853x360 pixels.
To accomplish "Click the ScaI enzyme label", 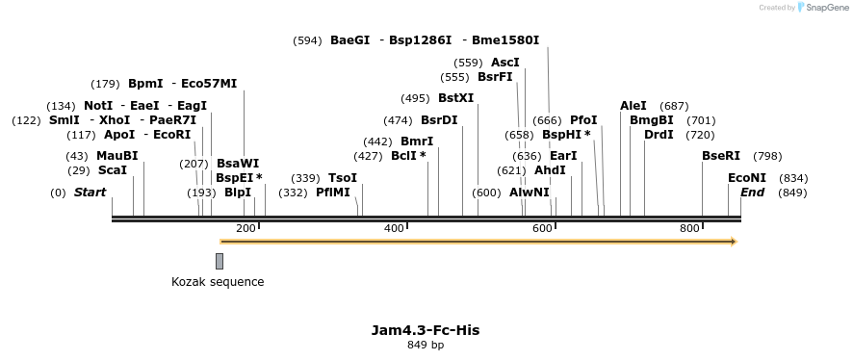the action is point(113,170).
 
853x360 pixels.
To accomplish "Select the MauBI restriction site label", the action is point(116,156).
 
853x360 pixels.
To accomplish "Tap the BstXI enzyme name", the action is point(455,98).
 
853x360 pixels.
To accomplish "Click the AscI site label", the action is point(504,63).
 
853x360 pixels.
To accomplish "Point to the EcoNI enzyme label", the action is point(747,178).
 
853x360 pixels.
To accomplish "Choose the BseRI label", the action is point(721,156).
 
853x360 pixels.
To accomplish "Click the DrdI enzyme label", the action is point(659,135).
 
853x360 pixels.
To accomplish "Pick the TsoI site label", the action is point(343,178).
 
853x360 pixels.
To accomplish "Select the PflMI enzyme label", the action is point(333,193).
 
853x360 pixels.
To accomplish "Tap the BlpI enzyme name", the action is point(238,193).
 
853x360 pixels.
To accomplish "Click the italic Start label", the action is point(90,193).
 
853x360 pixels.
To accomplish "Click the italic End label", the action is point(752,193).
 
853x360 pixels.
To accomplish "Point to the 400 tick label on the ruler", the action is point(394,228).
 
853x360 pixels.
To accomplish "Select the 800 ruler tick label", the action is point(689,228).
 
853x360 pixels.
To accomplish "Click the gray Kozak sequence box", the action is point(220,261).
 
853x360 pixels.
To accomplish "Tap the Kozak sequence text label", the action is point(218,282).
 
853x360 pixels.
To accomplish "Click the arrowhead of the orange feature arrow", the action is point(734,242).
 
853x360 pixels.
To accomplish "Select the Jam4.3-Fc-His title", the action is point(425,330).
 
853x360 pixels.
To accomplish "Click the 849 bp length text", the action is point(425,345).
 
